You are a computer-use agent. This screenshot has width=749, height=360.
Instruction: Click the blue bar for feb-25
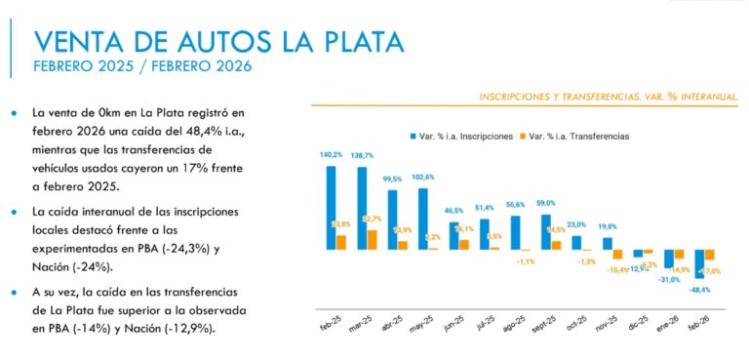332,207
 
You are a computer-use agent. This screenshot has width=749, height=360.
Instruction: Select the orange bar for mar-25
372,239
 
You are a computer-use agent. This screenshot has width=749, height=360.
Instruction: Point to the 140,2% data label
331,154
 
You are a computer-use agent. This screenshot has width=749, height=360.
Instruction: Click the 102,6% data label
423,177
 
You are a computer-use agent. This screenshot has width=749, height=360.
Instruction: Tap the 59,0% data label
545,203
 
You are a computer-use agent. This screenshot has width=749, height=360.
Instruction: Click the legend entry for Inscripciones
463,136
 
